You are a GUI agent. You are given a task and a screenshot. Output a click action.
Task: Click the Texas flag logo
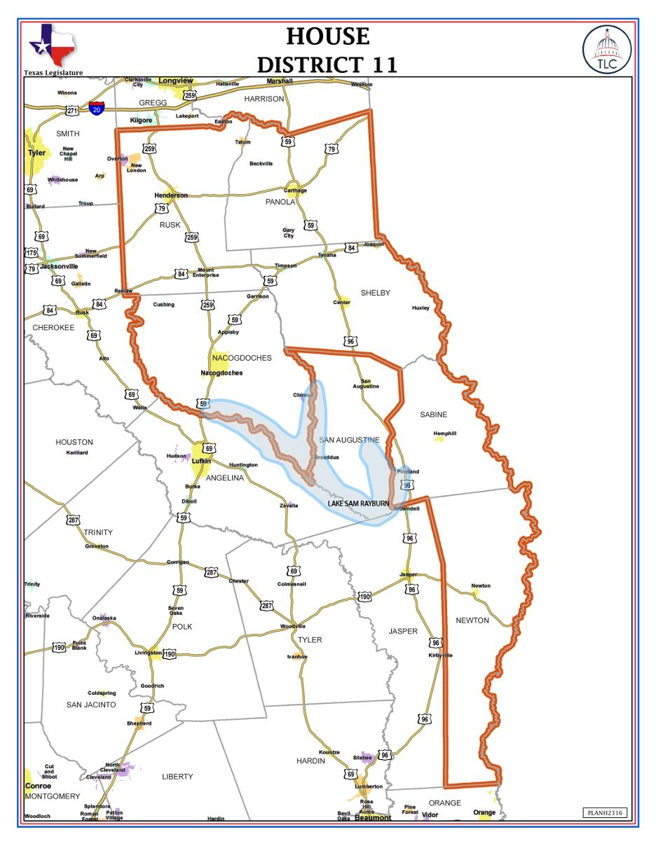(x=53, y=44)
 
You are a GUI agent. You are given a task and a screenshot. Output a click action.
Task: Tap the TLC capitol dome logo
(x=606, y=48)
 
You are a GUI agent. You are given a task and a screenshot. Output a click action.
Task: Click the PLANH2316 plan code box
(x=604, y=812)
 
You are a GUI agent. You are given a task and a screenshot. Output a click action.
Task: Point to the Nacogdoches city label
(x=221, y=373)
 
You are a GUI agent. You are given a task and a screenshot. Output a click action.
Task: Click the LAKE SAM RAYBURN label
(x=357, y=503)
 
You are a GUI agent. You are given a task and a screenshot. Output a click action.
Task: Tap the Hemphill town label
(x=444, y=434)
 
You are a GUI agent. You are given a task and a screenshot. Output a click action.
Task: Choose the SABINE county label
(x=433, y=415)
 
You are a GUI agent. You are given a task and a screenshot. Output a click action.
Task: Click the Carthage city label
(x=295, y=190)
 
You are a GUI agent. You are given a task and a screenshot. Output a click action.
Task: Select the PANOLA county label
(x=280, y=202)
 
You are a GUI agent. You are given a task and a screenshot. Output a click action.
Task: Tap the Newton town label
(x=481, y=585)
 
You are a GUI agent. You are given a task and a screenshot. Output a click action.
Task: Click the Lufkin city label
(x=201, y=462)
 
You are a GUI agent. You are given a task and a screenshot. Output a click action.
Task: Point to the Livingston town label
(x=148, y=653)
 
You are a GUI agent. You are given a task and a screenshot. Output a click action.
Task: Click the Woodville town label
(x=293, y=625)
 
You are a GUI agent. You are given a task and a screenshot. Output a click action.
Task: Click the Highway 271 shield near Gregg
(x=72, y=111)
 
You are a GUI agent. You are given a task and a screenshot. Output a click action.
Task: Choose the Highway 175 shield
(x=31, y=253)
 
